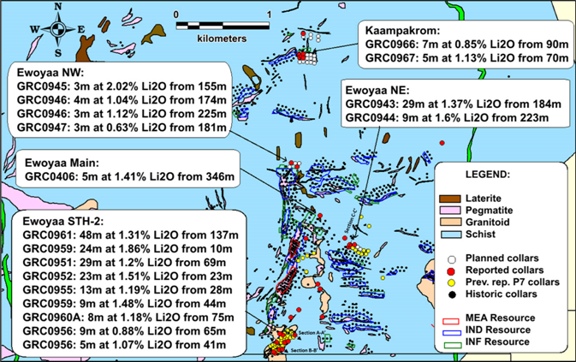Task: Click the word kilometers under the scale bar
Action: coord(222,39)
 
